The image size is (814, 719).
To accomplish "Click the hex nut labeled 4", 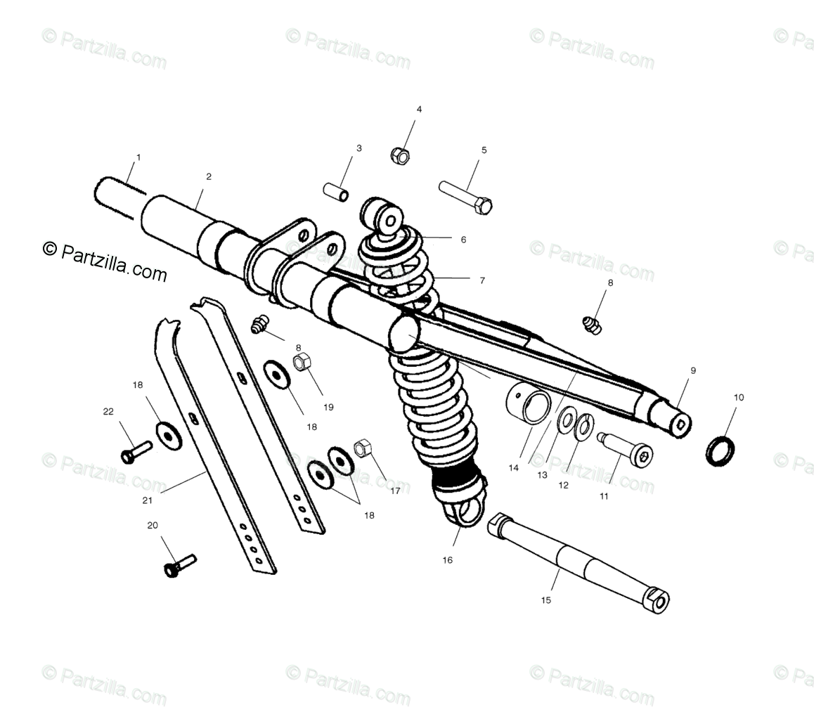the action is [x=400, y=155].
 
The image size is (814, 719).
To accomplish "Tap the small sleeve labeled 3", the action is [x=336, y=191].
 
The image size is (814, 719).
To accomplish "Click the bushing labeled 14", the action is [x=528, y=407].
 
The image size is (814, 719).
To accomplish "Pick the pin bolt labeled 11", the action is [x=626, y=449].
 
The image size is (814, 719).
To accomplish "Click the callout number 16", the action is [x=448, y=560].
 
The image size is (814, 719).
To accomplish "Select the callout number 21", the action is [x=148, y=500].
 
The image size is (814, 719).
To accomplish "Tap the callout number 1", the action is [x=138, y=157].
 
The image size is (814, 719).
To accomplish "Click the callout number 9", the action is [x=693, y=370].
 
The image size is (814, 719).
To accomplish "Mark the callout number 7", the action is [x=482, y=280].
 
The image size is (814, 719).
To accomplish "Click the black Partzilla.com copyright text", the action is [x=105, y=261].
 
